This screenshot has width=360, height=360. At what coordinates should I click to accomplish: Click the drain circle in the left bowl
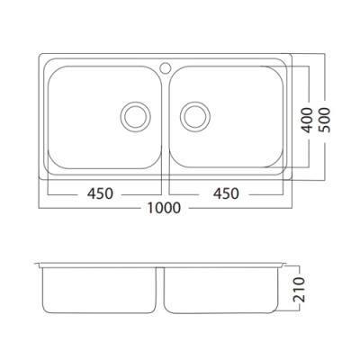[136, 114]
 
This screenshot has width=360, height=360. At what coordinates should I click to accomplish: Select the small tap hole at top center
[165, 66]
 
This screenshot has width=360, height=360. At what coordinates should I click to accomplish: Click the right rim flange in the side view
[287, 265]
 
